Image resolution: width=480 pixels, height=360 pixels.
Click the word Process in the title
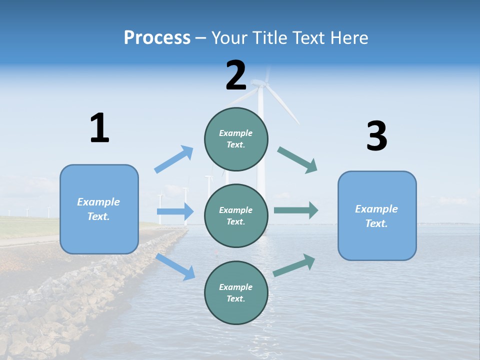[x=157, y=38]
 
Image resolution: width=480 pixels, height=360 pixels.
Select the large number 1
[x=99, y=128]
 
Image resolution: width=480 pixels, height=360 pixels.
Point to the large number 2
[x=236, y=76]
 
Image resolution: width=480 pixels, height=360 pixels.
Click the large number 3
[x=376, y=136]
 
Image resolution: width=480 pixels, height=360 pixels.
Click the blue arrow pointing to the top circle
[x=174, y=159]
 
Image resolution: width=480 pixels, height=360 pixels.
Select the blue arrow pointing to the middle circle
[x=175, y=211]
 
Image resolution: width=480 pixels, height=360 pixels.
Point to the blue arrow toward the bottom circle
[x=175, y=266]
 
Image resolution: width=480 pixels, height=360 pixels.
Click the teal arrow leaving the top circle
[x=297, y=160]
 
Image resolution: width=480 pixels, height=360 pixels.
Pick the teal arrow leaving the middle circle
[x=296, y=210]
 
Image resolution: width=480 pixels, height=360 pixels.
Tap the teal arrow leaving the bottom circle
[x=294, y=265]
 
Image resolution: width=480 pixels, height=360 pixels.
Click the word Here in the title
[x=348, y=38]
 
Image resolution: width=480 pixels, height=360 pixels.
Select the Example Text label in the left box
[x=98, y=209]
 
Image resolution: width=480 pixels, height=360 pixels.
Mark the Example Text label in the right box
[x=376, y=216]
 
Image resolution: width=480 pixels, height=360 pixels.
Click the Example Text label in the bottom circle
[x=236, y=292]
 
